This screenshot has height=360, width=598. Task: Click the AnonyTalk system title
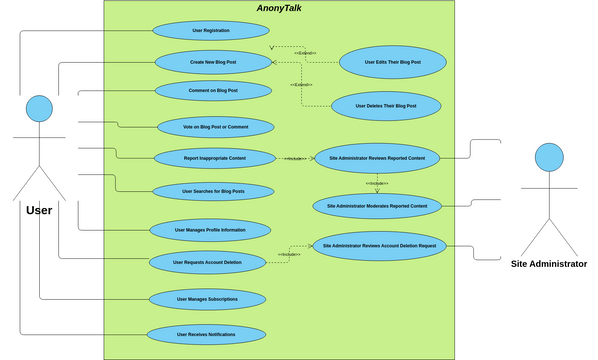tap(280, 9)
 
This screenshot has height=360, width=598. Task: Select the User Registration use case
tap(211, 31)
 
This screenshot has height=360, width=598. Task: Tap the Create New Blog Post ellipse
tap(213, 62)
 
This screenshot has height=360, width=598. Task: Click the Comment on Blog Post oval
tap(213, 91)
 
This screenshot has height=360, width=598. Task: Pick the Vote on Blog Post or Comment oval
tap(215, 127)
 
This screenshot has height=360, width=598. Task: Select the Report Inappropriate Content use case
tap(215, 158)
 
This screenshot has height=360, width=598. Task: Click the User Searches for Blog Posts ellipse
tap(213, 191)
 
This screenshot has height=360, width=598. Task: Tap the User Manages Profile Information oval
tap(210, 230)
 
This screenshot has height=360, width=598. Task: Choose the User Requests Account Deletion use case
tap(208, 262)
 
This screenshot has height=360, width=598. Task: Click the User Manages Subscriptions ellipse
tap(207, 299)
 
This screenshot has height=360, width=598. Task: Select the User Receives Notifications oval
tap(207, 335)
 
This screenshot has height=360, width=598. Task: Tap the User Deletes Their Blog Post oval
tap(385, 105)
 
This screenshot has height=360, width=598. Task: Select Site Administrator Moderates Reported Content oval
tap(376, 206)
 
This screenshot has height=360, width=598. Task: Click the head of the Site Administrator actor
tap(548, 157)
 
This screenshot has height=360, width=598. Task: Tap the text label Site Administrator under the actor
tap(548, 264)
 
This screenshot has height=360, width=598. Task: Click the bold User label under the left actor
tap(39, 210)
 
